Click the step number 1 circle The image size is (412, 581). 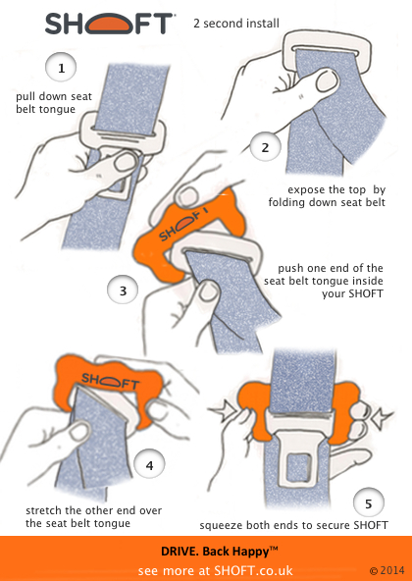point(61,68)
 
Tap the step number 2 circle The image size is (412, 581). point(265,147)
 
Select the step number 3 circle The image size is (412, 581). point(123,290)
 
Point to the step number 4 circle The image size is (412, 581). point(149,465)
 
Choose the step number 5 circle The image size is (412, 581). point(369,503)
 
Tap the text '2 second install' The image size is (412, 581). point(236,24)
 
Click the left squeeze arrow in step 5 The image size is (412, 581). point(223,409)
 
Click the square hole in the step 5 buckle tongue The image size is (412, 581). point(299,467)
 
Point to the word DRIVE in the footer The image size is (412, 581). point(176,552)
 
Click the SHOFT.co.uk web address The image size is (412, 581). point(253,570)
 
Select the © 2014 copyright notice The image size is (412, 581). point(386,570)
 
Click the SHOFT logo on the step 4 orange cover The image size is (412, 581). point(110,382)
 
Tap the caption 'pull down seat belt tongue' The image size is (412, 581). point(54,103)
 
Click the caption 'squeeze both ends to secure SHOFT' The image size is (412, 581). point(293,525)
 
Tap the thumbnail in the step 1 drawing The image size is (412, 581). point(125,162)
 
